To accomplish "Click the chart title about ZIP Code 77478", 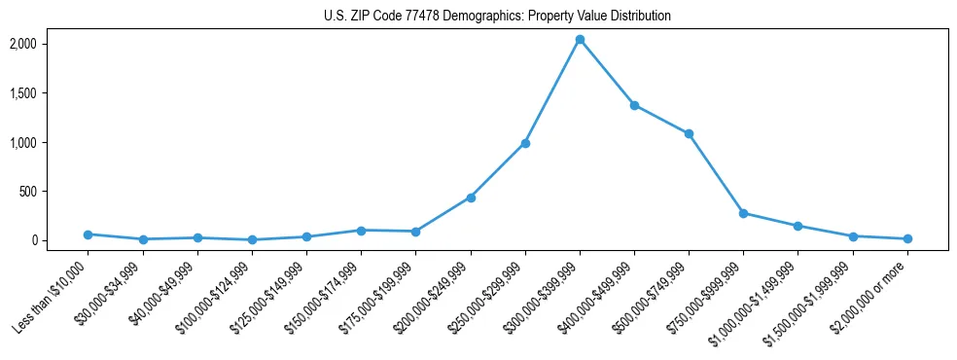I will click(497, 17).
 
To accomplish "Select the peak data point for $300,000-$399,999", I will click(580, 40).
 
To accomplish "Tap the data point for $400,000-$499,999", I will click(634, 105).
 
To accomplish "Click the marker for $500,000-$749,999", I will click(689, 133).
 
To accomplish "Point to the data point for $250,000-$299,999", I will click(525, 143).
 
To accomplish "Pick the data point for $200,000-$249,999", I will click(471, 198).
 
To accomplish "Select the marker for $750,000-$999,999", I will click(743, 213).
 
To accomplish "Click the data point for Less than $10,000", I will click(89, 234).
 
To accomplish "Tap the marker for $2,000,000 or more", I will click(907, 238).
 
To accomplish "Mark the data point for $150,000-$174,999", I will click(361, 231).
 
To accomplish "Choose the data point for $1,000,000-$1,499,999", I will click(797, 226).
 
